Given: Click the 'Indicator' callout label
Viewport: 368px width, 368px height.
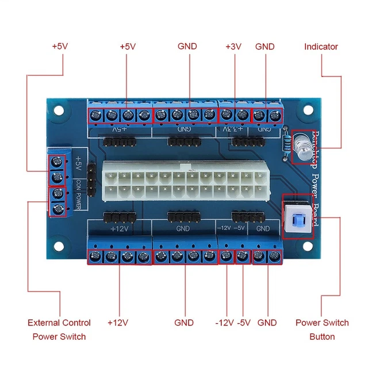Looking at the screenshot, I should [x=321, y=47].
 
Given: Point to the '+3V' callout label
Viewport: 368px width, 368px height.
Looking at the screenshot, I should [x=234, y=47].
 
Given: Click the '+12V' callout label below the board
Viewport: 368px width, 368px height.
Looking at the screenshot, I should [x=118, y=323].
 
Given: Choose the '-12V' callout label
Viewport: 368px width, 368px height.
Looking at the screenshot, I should [x=224, y=323].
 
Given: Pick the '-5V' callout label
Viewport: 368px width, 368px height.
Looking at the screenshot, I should [x=244, y=323].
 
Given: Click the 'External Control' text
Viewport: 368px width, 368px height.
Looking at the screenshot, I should [x=59, y=323].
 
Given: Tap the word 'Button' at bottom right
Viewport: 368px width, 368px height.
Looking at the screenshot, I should [x=322, y=336].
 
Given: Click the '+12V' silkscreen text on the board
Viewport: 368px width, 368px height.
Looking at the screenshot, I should [x=119, y=228].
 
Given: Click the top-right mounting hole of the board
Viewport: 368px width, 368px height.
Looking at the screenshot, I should [x=309, y=109].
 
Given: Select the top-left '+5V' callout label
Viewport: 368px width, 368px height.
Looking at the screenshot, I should [x=59, y=47].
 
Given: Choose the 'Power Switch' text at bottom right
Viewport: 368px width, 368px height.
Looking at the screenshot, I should [x=322, y=323].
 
